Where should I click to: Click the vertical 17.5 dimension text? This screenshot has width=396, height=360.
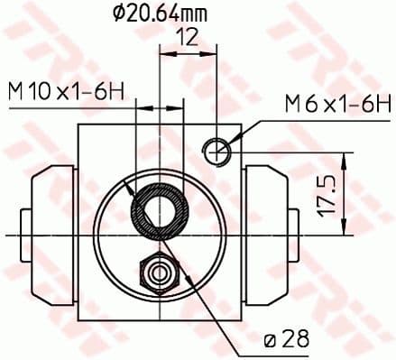coord(327,195)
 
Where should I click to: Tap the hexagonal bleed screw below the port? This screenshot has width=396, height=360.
coord(159,272)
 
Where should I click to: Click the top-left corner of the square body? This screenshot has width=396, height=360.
coord(78,124)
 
